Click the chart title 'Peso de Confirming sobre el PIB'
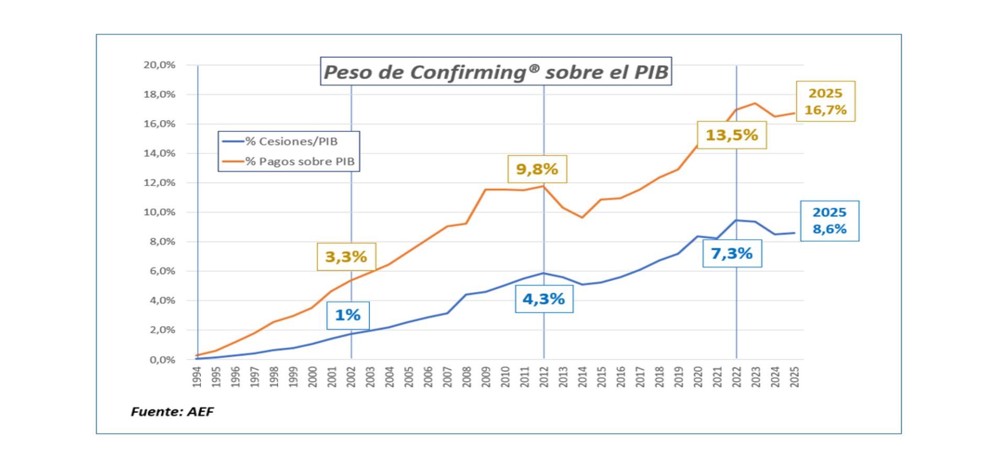(496, 71)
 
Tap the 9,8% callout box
(537, 169)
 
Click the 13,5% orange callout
(731, 135)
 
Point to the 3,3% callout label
(346, 256)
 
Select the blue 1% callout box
(347, 315)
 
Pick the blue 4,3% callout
(543, 299)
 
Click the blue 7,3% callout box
(731, 253)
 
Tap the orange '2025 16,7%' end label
(825, 101)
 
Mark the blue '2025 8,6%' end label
(829, 221)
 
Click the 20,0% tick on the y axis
(159, 65)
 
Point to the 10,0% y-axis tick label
(159, 212)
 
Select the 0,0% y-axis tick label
(162, 360)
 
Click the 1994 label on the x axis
(197, 377)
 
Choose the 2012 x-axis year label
(544, 377)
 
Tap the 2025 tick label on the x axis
(794, 377)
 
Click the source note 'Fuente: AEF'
(172, 411)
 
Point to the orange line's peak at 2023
(756, 103)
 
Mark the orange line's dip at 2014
(582, 217)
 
